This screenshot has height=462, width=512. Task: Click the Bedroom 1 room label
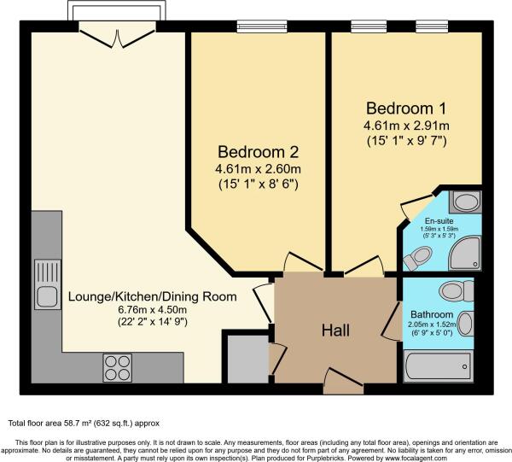point(406,108)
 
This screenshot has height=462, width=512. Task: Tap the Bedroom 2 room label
point(258,152)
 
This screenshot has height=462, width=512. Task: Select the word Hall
point(335,330)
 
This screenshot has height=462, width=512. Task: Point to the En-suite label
point(439,221)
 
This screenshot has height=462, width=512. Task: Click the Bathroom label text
point(432,314)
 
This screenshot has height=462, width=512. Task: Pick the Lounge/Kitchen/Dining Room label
point(153,296)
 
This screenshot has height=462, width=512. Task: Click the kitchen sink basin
point(47,296)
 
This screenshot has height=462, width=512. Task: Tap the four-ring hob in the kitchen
point(118,367)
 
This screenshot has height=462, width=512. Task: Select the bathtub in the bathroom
point(439,366)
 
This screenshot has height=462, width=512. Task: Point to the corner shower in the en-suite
point(464,253)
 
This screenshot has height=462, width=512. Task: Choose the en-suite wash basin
point(465,202)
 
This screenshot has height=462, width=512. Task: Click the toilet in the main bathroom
point(456,290)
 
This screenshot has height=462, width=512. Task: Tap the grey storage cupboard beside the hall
point(248,359)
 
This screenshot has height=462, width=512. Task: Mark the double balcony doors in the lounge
point(118,38)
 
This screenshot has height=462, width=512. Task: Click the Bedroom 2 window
point(262,26)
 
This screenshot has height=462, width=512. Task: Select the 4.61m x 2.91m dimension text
point(406,126)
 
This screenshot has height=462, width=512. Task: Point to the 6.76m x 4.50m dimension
point(153,309)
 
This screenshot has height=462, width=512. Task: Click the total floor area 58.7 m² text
point(84,424)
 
